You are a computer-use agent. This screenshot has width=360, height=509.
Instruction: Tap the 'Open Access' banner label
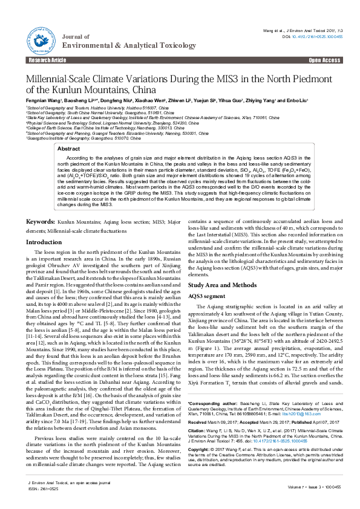pyautogui.click(x=324, y=61)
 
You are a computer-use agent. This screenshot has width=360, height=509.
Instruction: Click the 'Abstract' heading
pyautogui.click(x=85, y=148)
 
